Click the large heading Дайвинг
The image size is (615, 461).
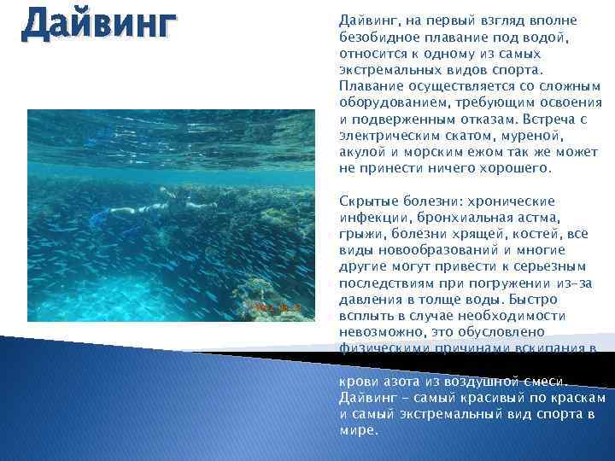coord(99,25)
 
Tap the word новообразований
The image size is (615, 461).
coord(437,250)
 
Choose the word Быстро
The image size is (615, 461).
coord(536,300)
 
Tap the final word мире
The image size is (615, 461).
coord(357,431)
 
